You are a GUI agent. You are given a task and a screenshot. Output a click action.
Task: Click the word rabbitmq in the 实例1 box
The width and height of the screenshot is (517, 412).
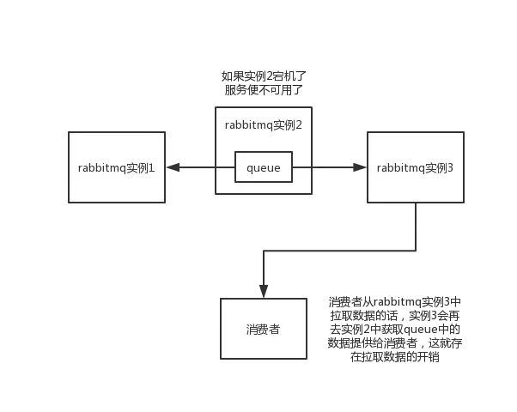click(x=101, y=168)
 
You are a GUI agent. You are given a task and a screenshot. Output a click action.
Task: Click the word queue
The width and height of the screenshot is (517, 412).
click(x=264, y=168)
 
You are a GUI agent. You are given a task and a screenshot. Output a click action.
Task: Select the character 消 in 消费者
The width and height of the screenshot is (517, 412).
click(x=252, y=330)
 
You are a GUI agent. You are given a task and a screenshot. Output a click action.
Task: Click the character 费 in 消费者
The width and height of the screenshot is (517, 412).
click(x=264, y=330)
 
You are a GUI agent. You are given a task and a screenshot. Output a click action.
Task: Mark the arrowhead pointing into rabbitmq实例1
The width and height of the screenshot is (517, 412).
click(x=175, y=168)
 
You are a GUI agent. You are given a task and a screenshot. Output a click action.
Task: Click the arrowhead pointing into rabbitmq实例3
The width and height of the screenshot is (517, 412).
click(x=358, y=168)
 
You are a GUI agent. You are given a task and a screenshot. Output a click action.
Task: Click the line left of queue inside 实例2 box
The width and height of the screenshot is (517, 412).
click(x=225, y=168)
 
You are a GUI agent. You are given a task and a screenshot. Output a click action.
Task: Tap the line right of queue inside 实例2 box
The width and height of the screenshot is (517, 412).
click(x=303, y=168)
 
